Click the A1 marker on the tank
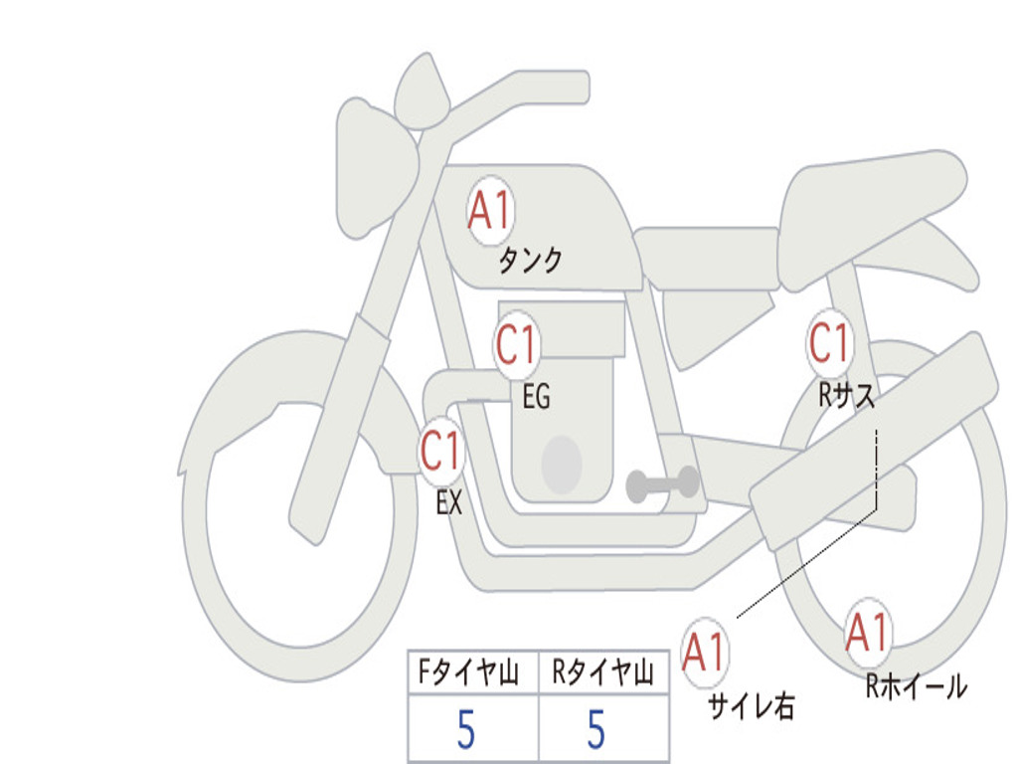[x=491, y=210]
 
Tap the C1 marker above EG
[x=517, y=344]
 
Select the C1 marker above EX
[x=440, y=451]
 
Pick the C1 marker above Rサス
[x=829, y=342]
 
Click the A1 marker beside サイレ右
[x=704, y=652]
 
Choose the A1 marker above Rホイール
[x=867, y=632]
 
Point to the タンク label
[x=530, y=261]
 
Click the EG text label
[x=536, y=396]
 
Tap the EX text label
[x=449, y=502]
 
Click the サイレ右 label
[x=752, y=705]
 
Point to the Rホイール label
[x=917, y=686]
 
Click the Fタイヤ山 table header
[x=468, y=671]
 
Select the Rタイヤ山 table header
[x=602, y=671]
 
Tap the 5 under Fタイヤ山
[x=466, y=729]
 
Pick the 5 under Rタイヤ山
[x=596, y=729]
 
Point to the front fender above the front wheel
[x=292, y=390]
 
